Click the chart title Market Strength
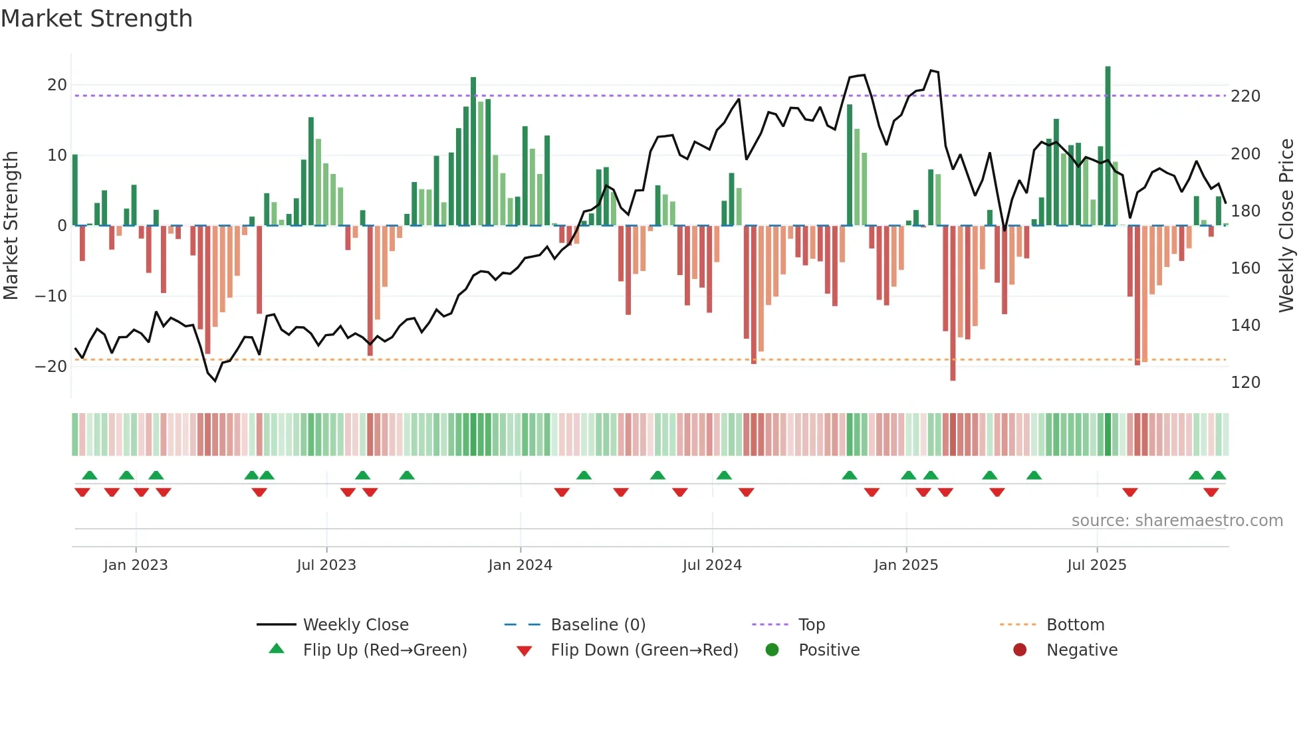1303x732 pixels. [97, 19]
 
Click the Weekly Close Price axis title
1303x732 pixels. [1286, 226]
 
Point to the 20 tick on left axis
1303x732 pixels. [57, 85]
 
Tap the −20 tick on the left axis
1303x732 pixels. [52, 367]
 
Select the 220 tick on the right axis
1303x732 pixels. [1245, 96]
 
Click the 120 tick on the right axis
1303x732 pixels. [1245, 383]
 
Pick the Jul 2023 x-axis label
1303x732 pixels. [326, 565]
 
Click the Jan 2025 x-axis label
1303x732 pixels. [905, 565]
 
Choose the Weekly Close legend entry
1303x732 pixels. [356, 625]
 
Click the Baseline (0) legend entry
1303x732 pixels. [598, 625]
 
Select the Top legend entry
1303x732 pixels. [811, 625]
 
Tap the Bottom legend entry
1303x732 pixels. [1075, 625]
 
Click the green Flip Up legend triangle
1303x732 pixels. [277, 649]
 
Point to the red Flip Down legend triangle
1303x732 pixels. [524, 651]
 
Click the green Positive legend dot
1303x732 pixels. [772, 650]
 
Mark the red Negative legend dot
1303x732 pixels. [1020, 650]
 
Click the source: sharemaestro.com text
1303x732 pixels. [1177, 521]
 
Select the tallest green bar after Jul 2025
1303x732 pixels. [1108, 146]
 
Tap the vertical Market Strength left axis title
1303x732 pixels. [11, 226]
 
